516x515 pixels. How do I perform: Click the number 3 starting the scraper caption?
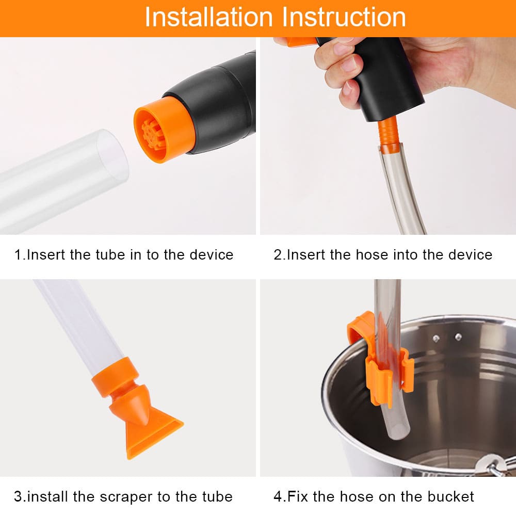pyautogui.click(x=18, y=497)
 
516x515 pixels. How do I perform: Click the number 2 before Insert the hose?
pyautogui.click(x=278, y=254)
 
